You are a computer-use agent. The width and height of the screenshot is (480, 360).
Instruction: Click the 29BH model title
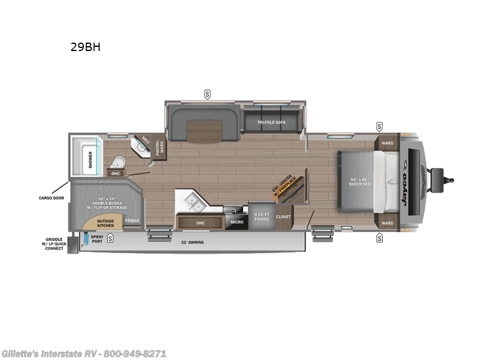85,47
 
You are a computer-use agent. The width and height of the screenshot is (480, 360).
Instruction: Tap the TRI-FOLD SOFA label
272,122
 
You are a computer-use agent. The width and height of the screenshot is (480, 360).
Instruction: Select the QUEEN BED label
361,181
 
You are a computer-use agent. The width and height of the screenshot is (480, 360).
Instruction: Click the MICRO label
236,222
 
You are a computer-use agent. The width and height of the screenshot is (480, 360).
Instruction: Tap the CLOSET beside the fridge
283,217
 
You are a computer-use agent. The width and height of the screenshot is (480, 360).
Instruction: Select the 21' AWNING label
193,242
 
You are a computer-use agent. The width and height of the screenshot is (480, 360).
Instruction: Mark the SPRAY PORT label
97,240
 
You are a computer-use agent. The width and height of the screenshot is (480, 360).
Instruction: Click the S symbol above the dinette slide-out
208,94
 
